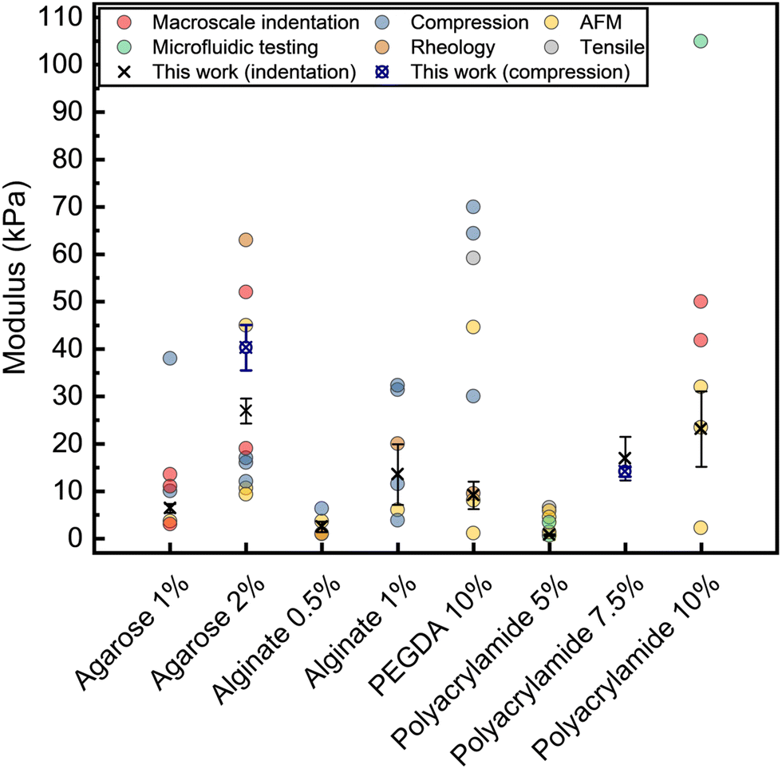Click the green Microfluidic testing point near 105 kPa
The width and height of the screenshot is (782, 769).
[701, 41]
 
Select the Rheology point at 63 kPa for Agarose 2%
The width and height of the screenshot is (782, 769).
[246, 240]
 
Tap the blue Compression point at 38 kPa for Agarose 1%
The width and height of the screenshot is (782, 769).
[170, 358]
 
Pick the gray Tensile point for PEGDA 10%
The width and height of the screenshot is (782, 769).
[473, 258]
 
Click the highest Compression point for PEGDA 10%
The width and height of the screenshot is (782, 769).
[473, 207]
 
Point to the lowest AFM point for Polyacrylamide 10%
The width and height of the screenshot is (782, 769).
[701, 527]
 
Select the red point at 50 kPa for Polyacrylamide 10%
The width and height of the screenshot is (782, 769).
[701, 301]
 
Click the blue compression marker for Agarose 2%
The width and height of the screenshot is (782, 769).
[246, 347]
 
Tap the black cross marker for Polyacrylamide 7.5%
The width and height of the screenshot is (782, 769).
[625, 458]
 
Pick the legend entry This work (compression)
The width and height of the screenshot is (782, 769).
[519, 72]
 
